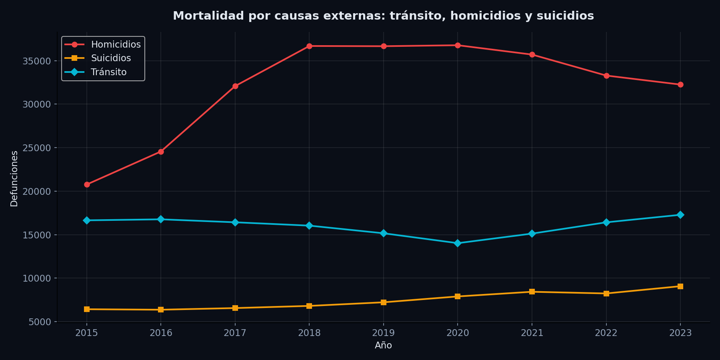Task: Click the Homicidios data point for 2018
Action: (309, 46)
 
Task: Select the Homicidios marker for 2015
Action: (87, 184)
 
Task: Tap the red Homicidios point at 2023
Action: (680, 84)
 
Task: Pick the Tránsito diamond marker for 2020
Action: (458, 243)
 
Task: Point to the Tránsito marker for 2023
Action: (680, 215)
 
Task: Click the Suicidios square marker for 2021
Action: (532, 292)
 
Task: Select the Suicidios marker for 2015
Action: (87, 309)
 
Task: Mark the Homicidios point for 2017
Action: (235, 86)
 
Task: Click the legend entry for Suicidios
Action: (111, 58)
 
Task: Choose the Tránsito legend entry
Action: (108, 72)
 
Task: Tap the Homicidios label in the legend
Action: (116, 44)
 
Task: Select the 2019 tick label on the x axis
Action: (383, 333)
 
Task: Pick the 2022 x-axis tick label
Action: (606, 333)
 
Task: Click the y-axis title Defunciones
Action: (14, 178)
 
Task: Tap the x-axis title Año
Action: (383, 346)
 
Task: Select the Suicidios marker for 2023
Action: (680, 286)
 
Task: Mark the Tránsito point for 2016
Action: (161, 219)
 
